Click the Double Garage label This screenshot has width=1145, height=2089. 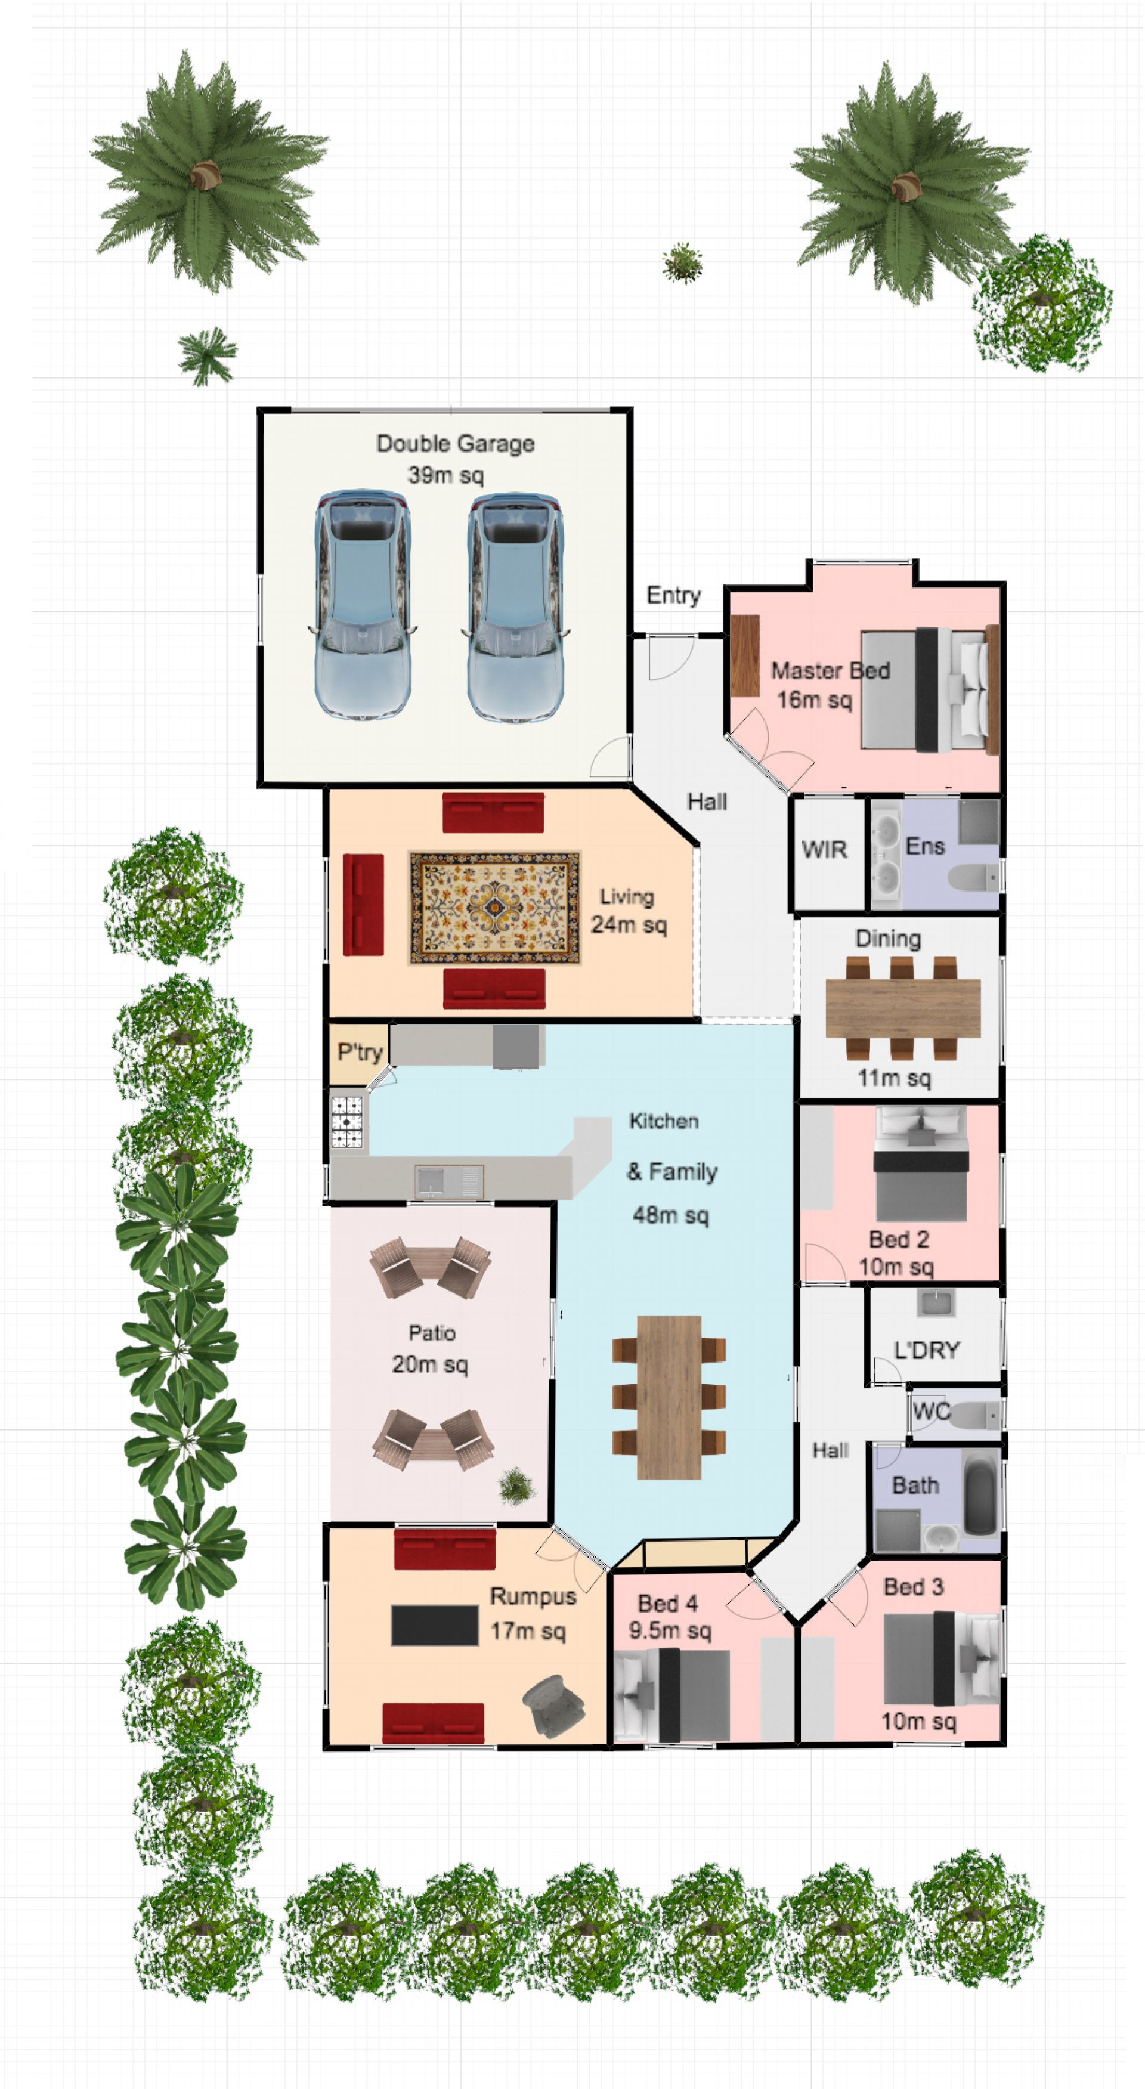click(x=455, y=444)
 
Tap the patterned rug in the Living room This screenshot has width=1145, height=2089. click(x=494, y=908)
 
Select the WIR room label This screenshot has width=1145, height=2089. click(x=824, y=849)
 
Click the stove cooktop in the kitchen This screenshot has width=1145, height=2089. click(x=346, y=1122)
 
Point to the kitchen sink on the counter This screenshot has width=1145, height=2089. click(x=449, y=1181)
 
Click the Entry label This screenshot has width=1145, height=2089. click(x=673, y=595)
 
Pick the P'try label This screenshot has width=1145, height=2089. click(x=359, y=1052)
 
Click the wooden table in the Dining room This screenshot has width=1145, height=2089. click(x=902, y=1008)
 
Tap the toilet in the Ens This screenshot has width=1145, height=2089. click(x=974, y=877)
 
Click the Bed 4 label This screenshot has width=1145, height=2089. click(x=667, y=1603)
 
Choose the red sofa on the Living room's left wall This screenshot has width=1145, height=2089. click(x=363, y=904)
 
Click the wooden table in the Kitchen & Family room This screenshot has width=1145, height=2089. click(x=669, y=1397)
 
